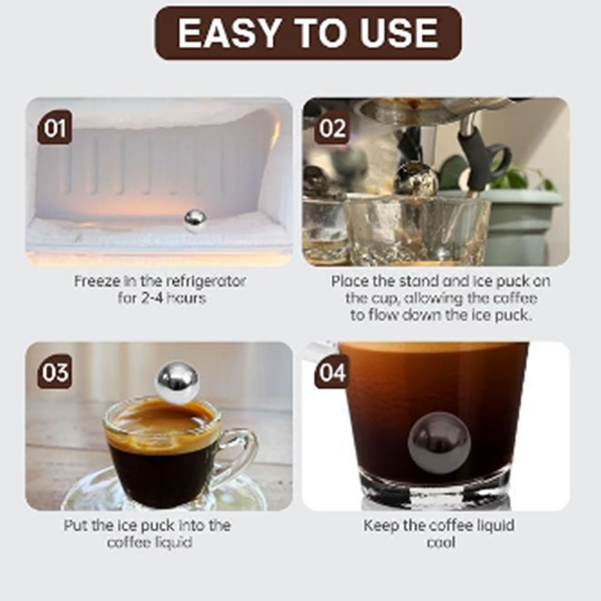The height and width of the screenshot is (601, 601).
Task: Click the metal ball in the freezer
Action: pyautogui.click(x=195, y=221)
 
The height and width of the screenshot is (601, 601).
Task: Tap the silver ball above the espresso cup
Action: pyautogui.click(x=177, y=380)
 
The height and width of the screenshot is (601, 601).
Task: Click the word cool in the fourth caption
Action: pyautogui.click(x=439, y=543)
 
